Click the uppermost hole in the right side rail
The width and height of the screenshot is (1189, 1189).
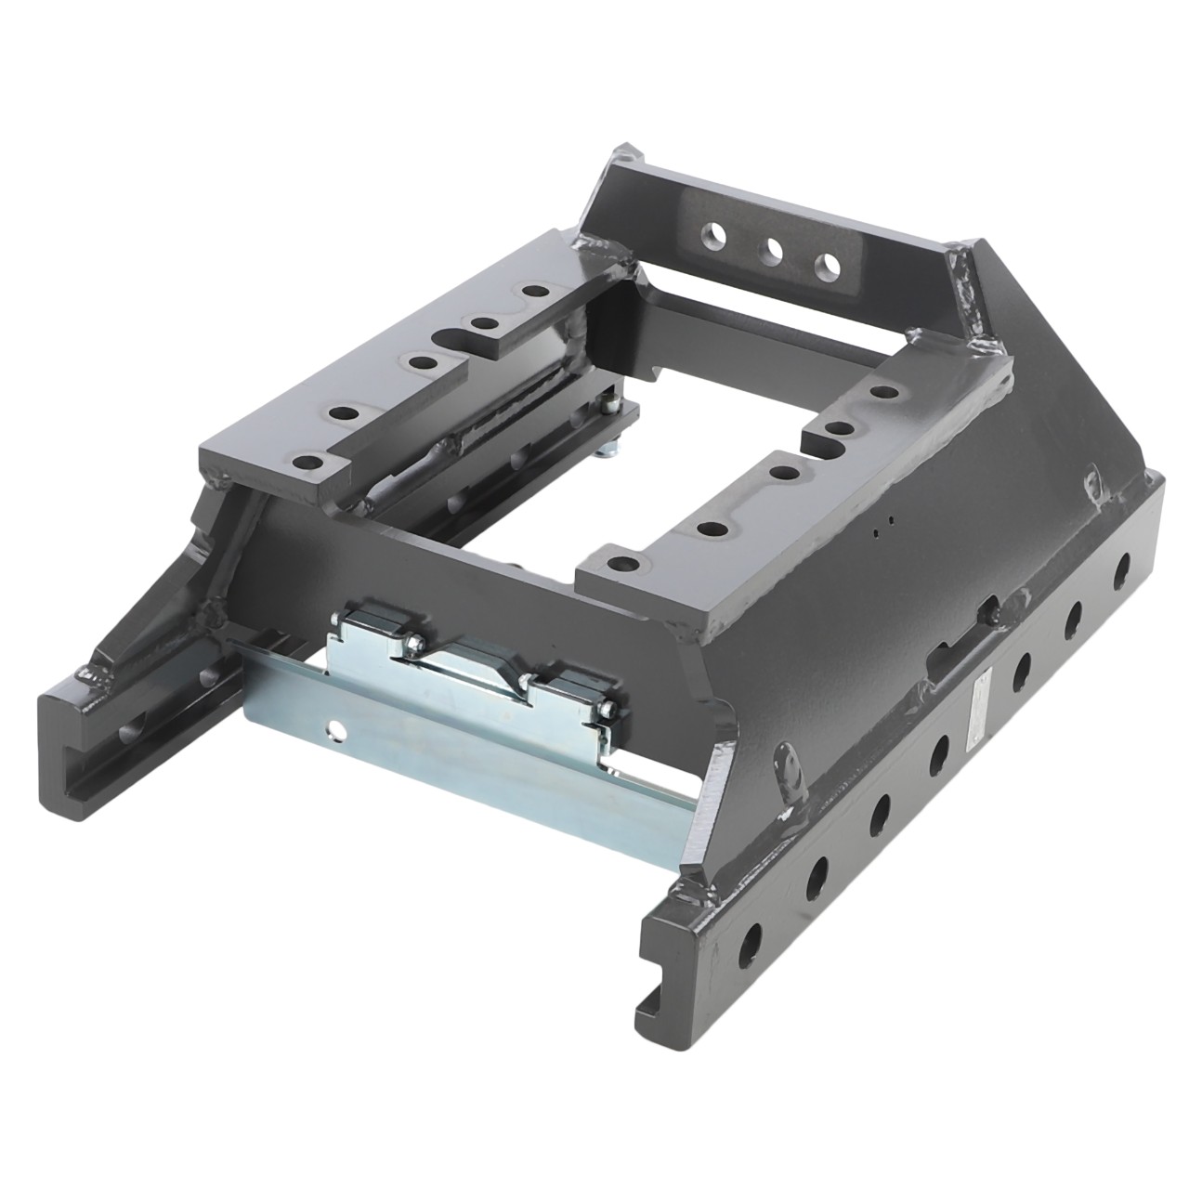(x=1121, y=564)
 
